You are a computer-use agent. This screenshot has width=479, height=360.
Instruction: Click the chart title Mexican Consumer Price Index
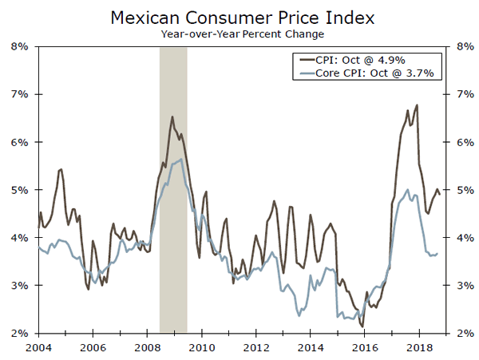tap(239, 17)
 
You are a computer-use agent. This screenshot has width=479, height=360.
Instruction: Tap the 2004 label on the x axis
tap(38, 347)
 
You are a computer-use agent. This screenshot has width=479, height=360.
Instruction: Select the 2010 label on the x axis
tap(201, 347)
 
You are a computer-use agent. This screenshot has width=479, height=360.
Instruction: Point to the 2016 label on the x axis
tap(364, 347)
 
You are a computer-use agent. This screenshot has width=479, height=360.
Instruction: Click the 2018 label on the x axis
tap(418, 347)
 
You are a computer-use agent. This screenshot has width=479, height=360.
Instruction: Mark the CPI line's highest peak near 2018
tap(418, 105)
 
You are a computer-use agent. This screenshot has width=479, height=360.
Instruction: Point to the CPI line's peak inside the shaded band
tap(172, 117)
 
